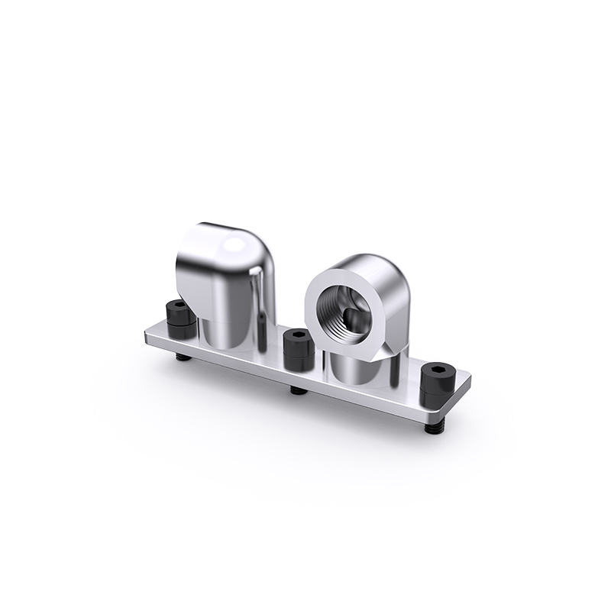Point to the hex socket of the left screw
(x=177, y=305)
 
